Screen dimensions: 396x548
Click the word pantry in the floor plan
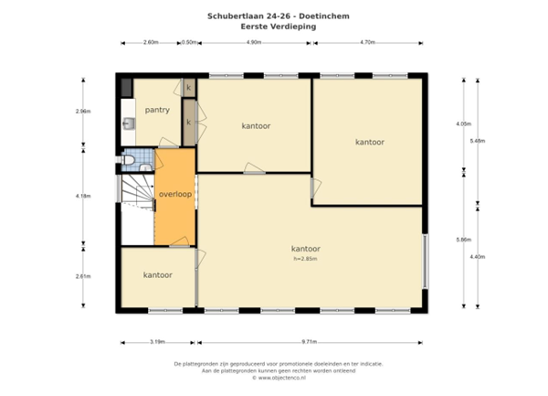point(157,110)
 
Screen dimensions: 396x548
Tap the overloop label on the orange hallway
point(174,195)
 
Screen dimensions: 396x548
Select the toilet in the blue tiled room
point(132,161)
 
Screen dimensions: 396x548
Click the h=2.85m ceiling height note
point(305,259)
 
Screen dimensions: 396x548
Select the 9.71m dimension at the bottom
point(308,341)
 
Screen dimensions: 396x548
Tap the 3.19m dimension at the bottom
point(157,341)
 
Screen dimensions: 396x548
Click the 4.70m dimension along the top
point(368,42)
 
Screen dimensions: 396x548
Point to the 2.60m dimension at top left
point(151,42)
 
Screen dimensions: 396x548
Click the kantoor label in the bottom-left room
point(158,274)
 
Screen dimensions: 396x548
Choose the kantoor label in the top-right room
point(369,142)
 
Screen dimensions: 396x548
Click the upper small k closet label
point(189,88)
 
